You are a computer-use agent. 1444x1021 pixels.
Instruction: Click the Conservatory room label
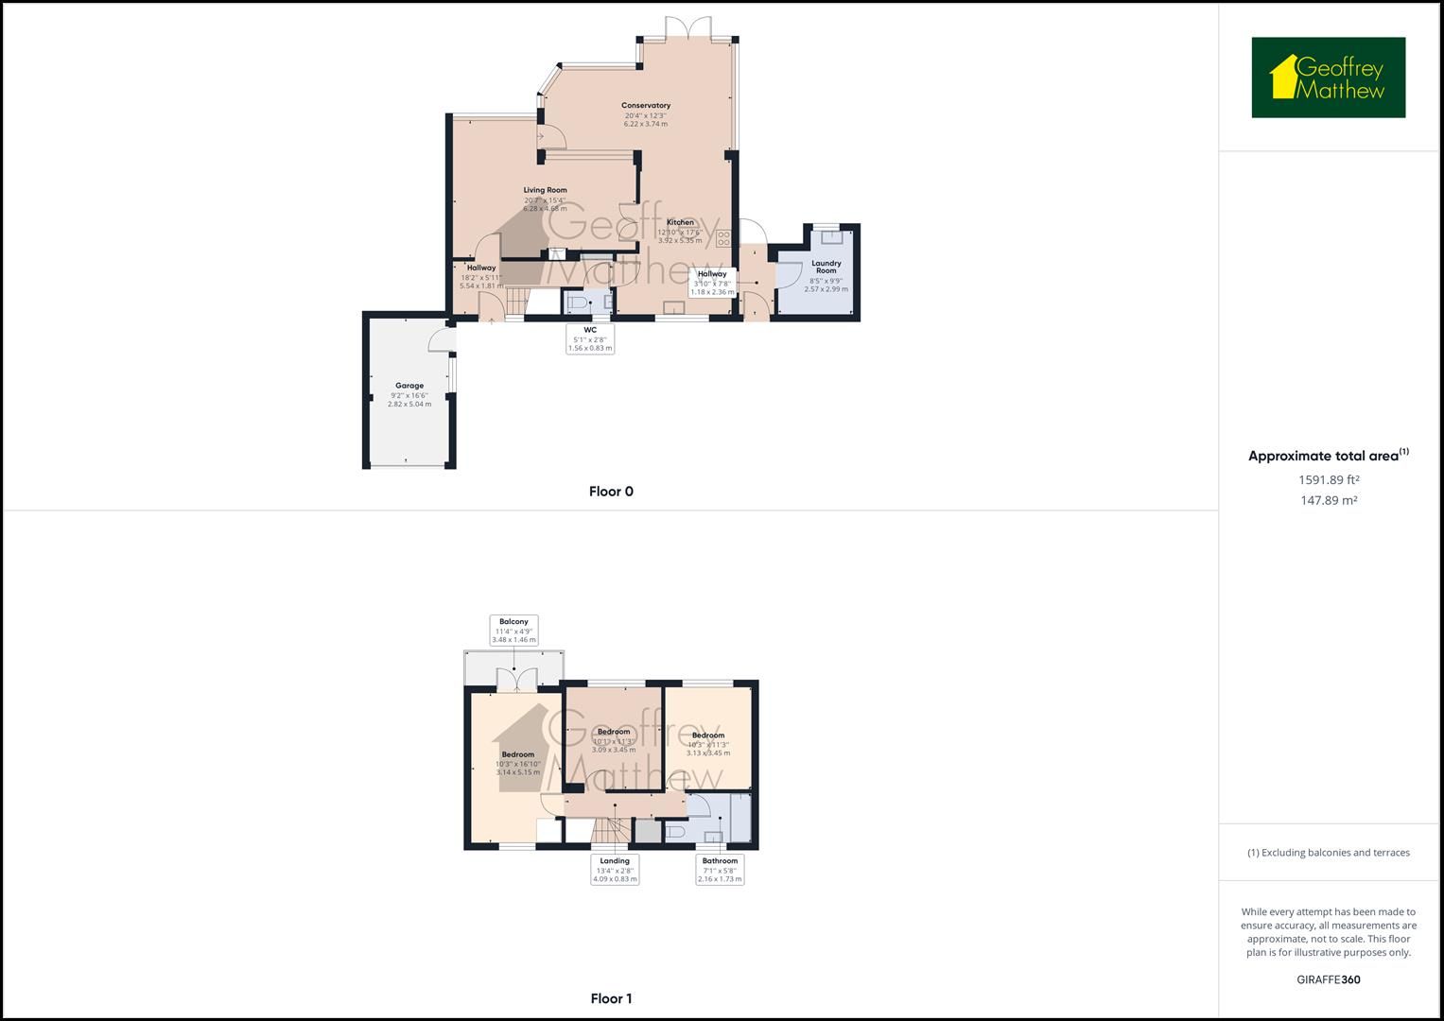click(x=646, y=106)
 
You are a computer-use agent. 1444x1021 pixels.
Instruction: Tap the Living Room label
click(x=546, y=190)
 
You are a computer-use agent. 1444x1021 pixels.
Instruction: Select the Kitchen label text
click(x=680, y=222)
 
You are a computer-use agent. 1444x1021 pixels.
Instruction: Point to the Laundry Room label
click(x=826, y=267)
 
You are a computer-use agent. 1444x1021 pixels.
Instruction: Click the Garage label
click(x=409, y=386)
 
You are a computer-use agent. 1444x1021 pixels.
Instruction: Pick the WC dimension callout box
click(x=590, y=338)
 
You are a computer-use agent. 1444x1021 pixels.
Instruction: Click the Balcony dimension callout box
click(x=513, y=631)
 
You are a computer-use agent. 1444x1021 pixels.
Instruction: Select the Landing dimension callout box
click(x=615, y=870)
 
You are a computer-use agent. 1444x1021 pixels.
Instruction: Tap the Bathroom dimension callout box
click(x=720, y=870)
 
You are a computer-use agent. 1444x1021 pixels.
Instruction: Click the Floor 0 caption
click(x=611, y=492)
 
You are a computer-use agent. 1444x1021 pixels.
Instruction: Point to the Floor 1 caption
click(x=611, y=998)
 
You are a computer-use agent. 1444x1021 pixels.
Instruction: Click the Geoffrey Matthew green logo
click(x=1328, y=78)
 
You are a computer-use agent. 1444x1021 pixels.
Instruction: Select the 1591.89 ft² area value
click(x=1329, y=479)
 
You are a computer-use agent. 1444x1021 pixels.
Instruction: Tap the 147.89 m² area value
click(x=1329, y=501)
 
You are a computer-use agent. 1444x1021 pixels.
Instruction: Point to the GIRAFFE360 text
click(x=1328, y=979)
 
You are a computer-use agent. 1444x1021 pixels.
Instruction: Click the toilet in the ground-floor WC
click(x=578, y=303)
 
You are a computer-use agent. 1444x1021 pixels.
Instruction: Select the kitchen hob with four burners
click(x=723, y=238)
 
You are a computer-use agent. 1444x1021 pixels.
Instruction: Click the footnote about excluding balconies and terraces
click(x=1328, y=853)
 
